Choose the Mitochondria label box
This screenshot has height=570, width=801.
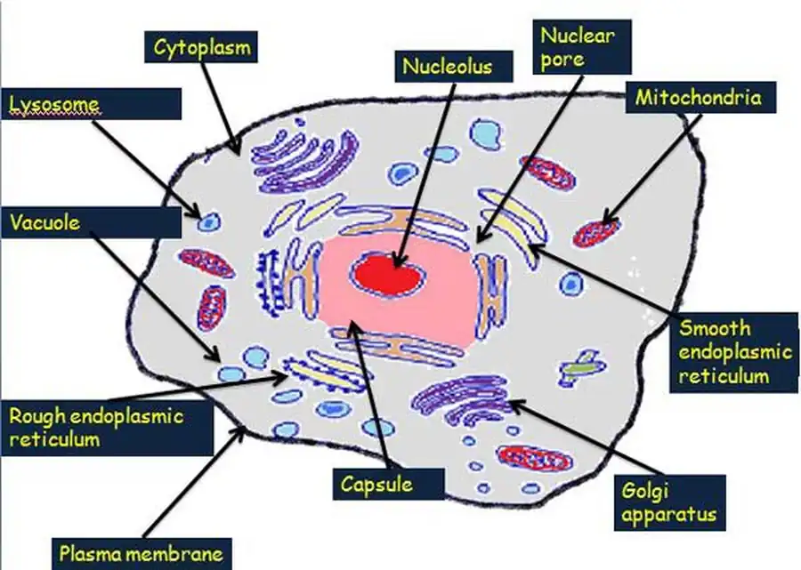pyautogui.click(x=699, y=97)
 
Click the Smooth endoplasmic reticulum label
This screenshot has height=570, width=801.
pyautogui.click(x=735, y=350)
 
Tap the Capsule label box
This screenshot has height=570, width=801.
pyautogui.click(x=376, y=484)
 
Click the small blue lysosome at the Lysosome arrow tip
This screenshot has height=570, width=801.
pyautogui.click(x=210, y=220)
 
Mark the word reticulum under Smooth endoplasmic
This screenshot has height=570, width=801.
pyautogui.click(x=724, y=375)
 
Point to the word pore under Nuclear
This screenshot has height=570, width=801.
pyautogui.click(x=564, y=60)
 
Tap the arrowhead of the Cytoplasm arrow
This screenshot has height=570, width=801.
pyautogui.click(x=236, y=148)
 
